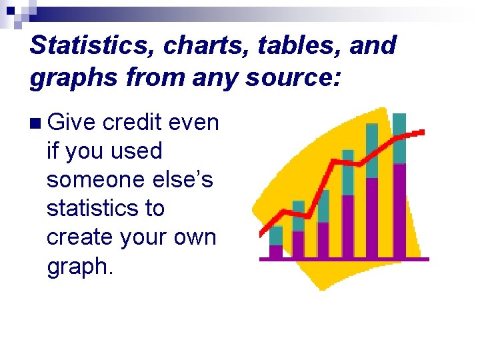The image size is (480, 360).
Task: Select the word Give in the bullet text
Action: (x=71, y=123)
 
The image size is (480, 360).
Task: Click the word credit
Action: (x=133, y=123)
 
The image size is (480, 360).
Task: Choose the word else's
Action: (x=185, y=180)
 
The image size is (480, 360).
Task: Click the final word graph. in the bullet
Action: (x=79, y=267)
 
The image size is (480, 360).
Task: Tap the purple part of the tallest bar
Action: (x=399, y=210)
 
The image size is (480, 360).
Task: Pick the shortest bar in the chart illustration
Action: (x=275, y=243)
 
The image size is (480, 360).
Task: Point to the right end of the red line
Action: (x=421, y=133)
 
